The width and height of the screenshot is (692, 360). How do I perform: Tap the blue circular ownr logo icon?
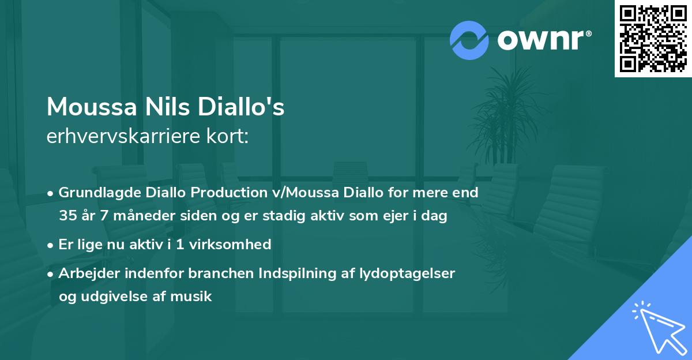(469, 40)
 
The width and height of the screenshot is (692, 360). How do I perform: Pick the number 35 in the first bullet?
(67, 216)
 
